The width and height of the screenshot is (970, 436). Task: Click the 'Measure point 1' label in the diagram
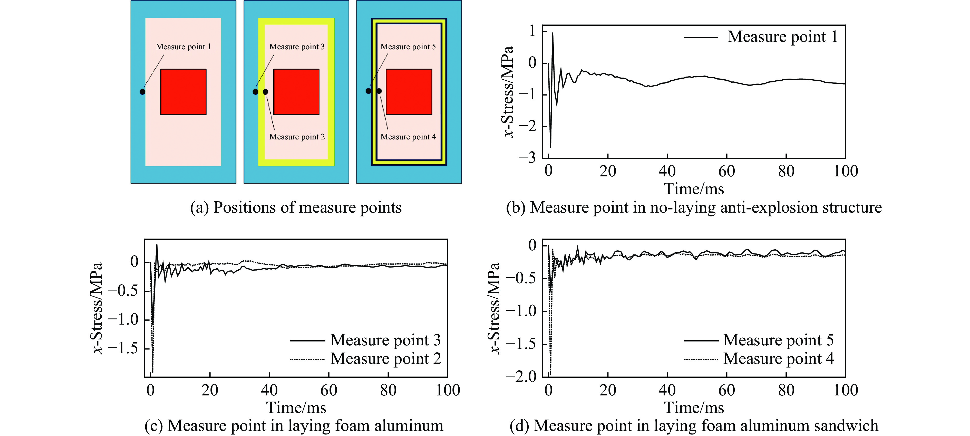[183, 47]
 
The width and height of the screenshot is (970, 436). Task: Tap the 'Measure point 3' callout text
[297, 47]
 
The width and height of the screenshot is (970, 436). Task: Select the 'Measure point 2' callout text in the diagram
[297, 137]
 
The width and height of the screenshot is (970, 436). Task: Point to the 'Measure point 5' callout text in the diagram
[408, 47]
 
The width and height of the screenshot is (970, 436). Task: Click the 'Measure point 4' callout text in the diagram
[408, 137]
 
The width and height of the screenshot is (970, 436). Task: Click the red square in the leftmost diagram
[183, 92]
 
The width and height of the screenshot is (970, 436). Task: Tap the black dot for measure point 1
[142, 92]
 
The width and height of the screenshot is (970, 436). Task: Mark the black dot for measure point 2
[266, 92]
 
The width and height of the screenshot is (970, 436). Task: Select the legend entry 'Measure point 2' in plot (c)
[386, 359]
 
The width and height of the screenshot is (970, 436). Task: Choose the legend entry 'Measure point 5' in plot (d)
[778, 340]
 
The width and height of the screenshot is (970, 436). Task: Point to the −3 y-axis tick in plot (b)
[527, 157]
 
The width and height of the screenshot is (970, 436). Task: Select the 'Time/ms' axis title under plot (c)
[296, 407]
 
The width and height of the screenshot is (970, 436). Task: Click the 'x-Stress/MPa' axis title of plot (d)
[494, 308]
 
